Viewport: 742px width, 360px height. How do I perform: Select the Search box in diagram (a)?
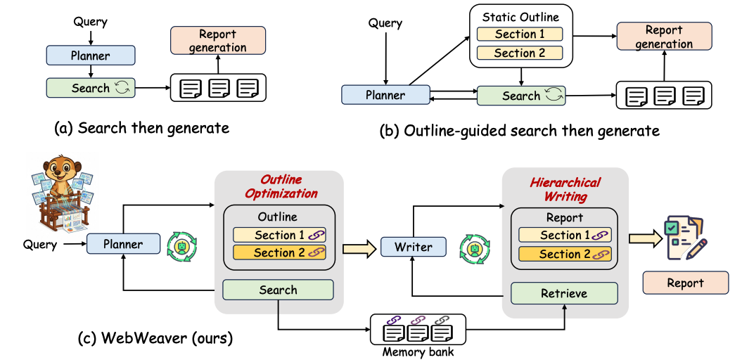(90, 88)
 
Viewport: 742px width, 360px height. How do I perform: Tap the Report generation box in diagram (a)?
(218, 41)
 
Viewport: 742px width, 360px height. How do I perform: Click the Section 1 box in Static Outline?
(519, 34)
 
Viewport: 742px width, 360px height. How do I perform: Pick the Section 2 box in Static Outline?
(519, 53)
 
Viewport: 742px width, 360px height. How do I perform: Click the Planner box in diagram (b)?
(385, 95)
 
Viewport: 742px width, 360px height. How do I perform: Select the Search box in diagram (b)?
(520, 96)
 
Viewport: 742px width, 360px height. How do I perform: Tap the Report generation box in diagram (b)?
(663, 37)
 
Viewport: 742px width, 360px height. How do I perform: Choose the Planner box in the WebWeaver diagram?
(122, 245)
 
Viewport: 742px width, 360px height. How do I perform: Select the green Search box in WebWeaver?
(279, 290)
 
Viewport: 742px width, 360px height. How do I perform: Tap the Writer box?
(414, 247)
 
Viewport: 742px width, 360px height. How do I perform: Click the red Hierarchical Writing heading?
(565, 189)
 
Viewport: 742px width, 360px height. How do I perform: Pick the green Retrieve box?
(564, 292)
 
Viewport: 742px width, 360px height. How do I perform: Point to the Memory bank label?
(409, 351)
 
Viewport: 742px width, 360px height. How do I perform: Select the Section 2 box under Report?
(565, 254)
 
